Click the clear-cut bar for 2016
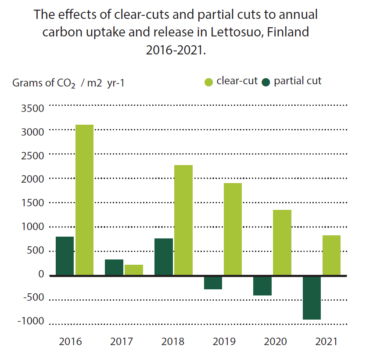pyautogui.click(x=84, y=200)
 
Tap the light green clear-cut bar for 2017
pyautogui.click(x=134, y=270)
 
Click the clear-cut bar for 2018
pyautogui.click(x=183, y=220)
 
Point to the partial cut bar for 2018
pyautogui.click(x=164, y=257)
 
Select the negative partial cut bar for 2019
pyautogui.click(x=213, y=283)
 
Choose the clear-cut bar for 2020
pyautogui.click(x=282, y=242)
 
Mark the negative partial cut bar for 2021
pyautogui.click(x=312, y=298)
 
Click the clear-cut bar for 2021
pyautogui.click(x=331, y=255)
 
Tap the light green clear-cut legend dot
pyautogui.click(x=209, y=82)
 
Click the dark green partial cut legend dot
pyautogui.click(x=266, y=82)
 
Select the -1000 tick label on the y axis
pyautogui.click(x=31, y=321)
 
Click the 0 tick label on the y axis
pyautogui.click(x=41, y=274)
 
